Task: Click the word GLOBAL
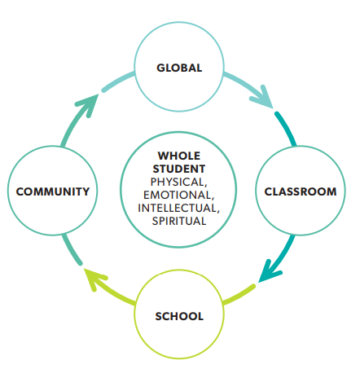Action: (179, 68)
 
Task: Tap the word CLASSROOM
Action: (301, 191)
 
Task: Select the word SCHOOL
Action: (179, 316)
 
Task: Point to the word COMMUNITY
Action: (53, 191)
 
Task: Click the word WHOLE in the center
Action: (179, 156)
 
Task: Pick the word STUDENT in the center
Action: (179, 169)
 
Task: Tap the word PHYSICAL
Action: (178, 182)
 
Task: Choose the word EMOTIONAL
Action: (178, 195)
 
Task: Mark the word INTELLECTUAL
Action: (177, 208)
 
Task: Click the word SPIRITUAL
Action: (179, 221)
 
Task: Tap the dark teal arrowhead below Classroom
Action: (269, 271)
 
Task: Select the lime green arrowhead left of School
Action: (95, 279)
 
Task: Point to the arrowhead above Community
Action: (87, 104)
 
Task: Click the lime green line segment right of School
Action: (239, 294)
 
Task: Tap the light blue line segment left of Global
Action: (117, 81)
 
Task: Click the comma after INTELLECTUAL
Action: (217, 211)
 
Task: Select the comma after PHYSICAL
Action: (205, 185)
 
